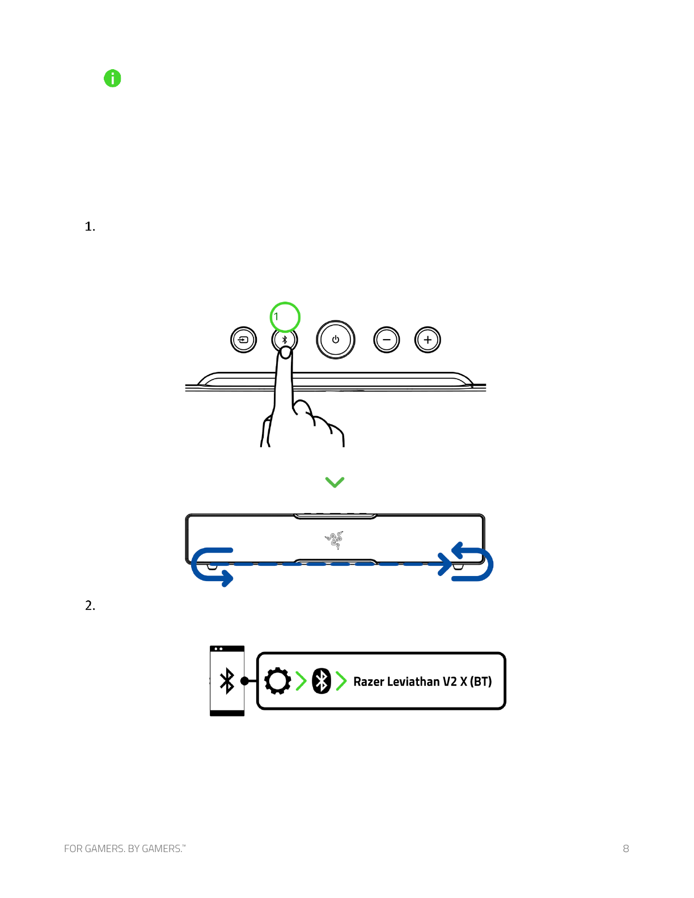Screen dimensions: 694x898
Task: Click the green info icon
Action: [x=113, y=78]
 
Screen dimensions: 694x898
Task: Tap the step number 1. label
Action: [x=90, y=227]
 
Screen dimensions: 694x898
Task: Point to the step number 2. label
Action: [x=90, y=606]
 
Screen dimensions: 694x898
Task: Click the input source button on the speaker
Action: [x=244, y=340]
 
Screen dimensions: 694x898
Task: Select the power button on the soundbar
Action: [x=336, y=340]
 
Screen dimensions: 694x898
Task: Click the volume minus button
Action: [x=387, y=340]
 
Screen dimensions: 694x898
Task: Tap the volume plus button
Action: [x=428, y=340]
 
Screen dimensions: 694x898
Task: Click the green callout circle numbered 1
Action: [x=285, y=317]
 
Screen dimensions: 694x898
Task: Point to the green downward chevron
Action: [x=335, y=482]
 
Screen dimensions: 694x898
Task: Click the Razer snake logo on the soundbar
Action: [x=335, y=540]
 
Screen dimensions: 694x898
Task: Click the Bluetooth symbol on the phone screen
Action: [x=227, y=681]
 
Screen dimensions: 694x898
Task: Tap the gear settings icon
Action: [x=278, y=681]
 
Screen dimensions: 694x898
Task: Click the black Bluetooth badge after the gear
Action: [x=321, y=681]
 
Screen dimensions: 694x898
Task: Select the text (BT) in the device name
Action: [x=481, y=681]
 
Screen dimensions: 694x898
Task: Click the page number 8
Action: [x=626, y=849]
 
